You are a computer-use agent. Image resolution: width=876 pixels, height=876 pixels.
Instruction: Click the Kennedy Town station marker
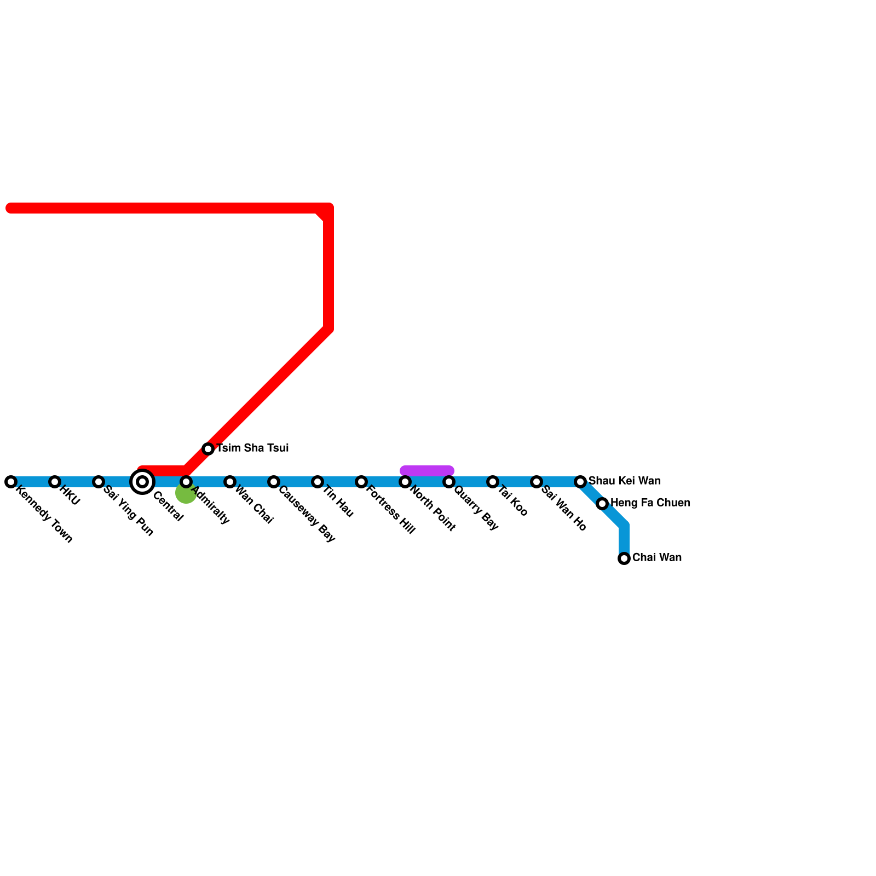(11, 482)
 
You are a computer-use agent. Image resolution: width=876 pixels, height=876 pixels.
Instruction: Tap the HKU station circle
(55, 482)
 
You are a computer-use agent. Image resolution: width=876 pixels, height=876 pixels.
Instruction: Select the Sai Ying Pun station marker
(99, 482)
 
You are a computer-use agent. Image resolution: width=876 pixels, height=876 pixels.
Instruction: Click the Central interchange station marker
(142, 482)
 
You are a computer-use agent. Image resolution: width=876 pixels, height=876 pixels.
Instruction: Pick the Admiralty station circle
(186, 482)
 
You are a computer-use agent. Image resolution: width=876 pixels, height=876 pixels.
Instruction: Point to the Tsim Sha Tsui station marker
(208, 449)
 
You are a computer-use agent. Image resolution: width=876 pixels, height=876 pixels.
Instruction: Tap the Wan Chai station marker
(230, 482)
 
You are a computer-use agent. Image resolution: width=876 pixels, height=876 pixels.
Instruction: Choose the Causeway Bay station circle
(274, 482)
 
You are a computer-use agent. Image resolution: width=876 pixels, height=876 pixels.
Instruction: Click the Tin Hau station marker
(318, 482)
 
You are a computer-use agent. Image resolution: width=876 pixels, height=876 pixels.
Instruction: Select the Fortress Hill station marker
(361, 482)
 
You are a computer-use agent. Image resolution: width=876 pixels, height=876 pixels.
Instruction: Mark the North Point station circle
(405, 482)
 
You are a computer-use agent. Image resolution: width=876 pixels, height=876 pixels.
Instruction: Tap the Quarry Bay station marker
(449, 482)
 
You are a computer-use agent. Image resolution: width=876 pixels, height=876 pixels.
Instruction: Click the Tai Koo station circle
(493, 482)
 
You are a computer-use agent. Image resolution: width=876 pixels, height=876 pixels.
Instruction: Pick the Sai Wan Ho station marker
(537, 482)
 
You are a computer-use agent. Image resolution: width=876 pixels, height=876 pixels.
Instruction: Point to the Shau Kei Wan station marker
(580, 482)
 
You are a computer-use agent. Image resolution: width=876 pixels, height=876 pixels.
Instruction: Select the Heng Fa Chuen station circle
(602, 504)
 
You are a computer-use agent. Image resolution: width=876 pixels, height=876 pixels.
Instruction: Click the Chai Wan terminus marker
(624, 558)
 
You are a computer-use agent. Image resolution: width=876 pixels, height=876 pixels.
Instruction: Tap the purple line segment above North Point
(427, 471)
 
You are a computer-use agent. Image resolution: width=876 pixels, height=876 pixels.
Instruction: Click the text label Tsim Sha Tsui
(252, 448)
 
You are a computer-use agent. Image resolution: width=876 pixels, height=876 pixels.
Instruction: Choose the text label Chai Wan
(657, 557)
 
